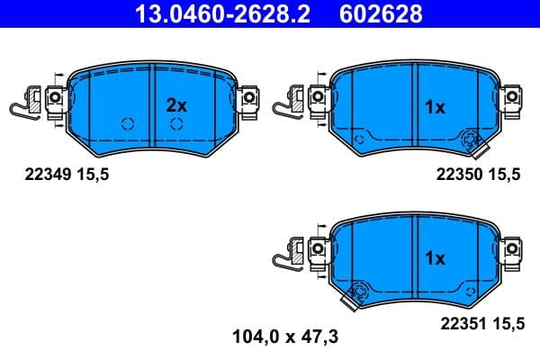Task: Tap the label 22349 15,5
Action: click(x=64, y=175)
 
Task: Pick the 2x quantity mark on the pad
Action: click(x=176, y=105)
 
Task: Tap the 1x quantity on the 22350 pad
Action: click(x=435, y=107)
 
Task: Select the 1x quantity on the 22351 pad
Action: click(x=435, y=259)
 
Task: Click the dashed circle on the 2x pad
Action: click(x=126, y=124)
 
